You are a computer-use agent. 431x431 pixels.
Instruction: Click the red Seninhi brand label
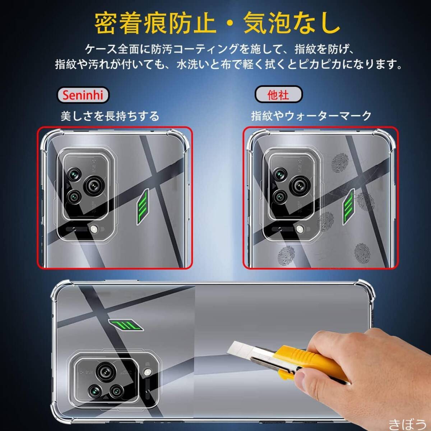click(x=83, y=95)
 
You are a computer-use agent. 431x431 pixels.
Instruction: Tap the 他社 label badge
click(x=278, y=95)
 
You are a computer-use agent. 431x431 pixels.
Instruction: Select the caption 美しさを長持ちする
click(x=110, y=116)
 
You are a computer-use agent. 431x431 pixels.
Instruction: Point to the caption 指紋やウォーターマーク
click(x=311, y=116)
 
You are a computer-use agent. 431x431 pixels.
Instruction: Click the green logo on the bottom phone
click(x=126, y=325)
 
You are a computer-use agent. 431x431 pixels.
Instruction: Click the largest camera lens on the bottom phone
click(x=106, y=371)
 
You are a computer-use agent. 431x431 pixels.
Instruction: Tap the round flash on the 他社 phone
click(x=300, y=228)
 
